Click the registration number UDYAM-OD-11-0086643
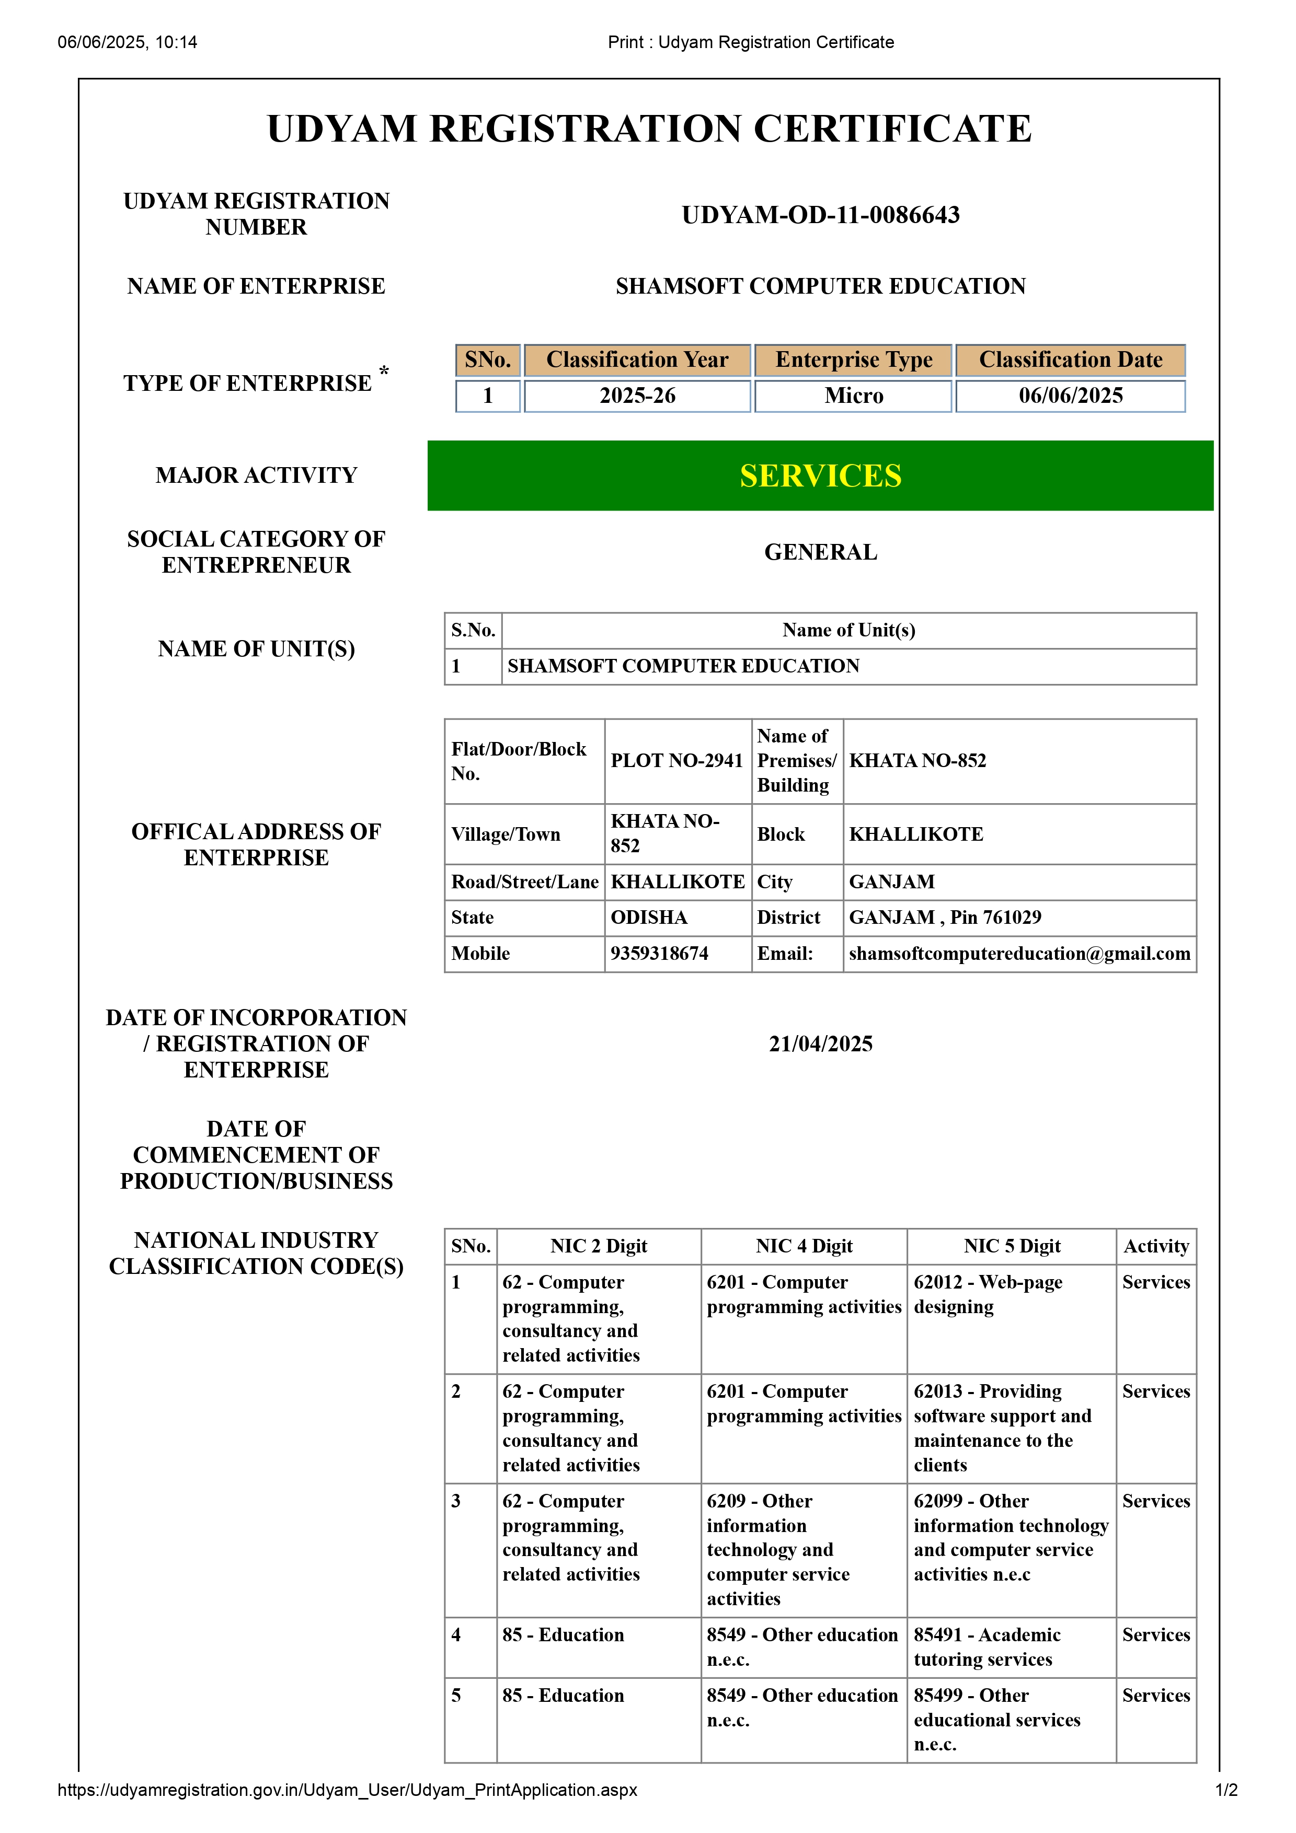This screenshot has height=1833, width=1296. (x=820, y=215)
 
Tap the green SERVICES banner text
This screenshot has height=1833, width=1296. (x=820, y=476)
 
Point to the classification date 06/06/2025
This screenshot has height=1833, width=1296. (x=1070, y=396)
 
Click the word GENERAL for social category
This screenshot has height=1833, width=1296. (x=820, y=552)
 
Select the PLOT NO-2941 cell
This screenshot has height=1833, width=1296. (x=676, y=761)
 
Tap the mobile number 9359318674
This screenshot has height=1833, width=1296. (x=659, y=953)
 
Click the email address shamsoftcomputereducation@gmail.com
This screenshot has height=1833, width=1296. (x=1019, y=953)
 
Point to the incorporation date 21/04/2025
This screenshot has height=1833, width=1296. (x=820, y=1043)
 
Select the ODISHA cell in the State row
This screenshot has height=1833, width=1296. (x=648, y=918)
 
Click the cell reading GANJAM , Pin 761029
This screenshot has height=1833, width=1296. (x=945, y=918)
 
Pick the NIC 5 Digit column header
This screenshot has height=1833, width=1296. (x=1011, y=1246)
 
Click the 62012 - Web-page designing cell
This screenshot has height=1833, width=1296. (x=988, y=1294)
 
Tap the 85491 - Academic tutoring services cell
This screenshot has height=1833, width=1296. (x=987, y=1647)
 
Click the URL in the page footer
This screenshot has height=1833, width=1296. (x=347, y=1790)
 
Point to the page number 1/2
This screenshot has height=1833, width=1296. (x=1226, y=1790)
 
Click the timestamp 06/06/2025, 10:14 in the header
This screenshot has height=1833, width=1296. (x=127, y=42)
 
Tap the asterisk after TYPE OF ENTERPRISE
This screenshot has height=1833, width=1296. (x=384, y=371)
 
